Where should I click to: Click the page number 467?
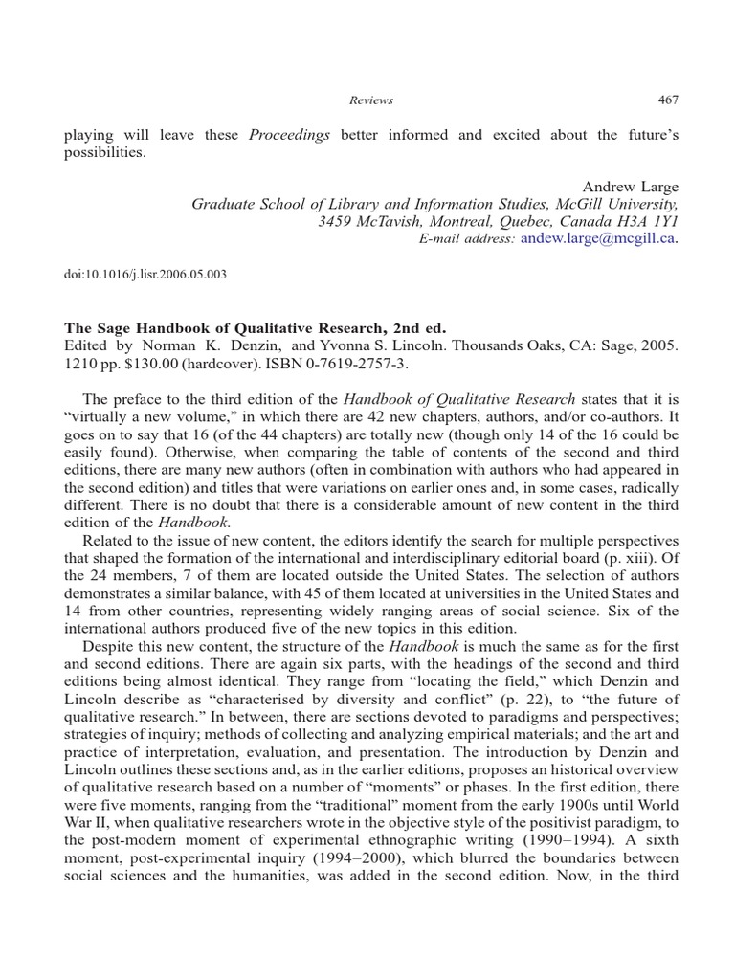click(668, 100)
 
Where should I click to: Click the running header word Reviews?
click(373, 100)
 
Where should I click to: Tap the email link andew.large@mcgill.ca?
click(598, 238)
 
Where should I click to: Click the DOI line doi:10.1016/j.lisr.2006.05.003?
click(145, 273)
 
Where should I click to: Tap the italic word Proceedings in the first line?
click(289, 135)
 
